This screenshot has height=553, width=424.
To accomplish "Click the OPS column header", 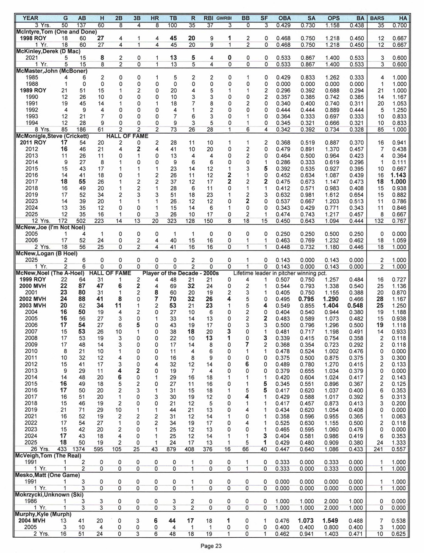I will point(333,18).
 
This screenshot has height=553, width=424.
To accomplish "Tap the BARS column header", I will point(377,18).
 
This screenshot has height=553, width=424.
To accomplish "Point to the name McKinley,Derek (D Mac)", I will point(47,51).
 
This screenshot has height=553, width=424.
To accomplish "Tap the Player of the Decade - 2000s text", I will point(181,273).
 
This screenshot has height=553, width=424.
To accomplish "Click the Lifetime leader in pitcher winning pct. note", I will point(280,273).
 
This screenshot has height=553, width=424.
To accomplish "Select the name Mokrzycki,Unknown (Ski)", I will point(50,495).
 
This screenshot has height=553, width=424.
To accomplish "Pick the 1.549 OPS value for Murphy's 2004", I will point(333,521).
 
